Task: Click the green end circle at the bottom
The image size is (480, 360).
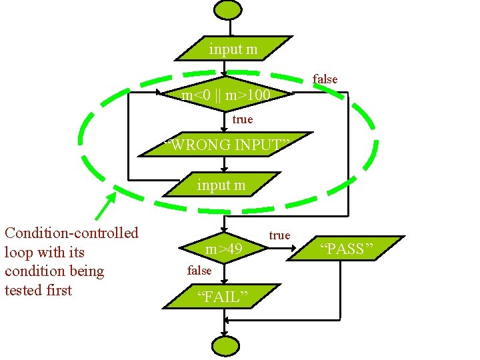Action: [225, 346]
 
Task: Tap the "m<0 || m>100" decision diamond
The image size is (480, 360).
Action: [227, 96]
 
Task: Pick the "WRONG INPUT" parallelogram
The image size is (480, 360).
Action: [227, 145]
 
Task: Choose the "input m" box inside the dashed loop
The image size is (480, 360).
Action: [221, 185]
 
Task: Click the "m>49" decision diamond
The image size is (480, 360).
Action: [224, 249]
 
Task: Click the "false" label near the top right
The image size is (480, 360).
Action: [325, 79]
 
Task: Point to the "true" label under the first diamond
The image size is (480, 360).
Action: [243, 119]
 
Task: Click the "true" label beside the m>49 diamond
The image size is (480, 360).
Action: [279, 235]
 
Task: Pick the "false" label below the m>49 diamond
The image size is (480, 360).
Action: [199, 270]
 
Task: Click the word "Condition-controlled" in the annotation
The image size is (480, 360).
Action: [71, 233]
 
